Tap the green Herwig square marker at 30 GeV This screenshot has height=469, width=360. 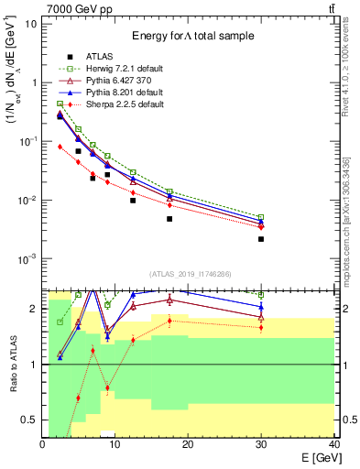261,217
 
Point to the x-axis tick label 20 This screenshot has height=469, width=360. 187,443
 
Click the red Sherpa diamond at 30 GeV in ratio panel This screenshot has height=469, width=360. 261,327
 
